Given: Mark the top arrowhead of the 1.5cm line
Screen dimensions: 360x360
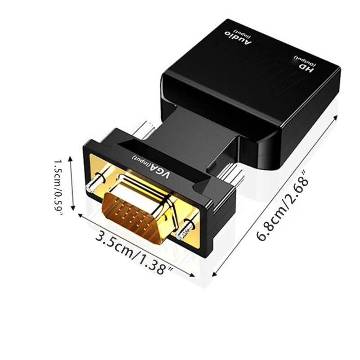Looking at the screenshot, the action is pos(69,158).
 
